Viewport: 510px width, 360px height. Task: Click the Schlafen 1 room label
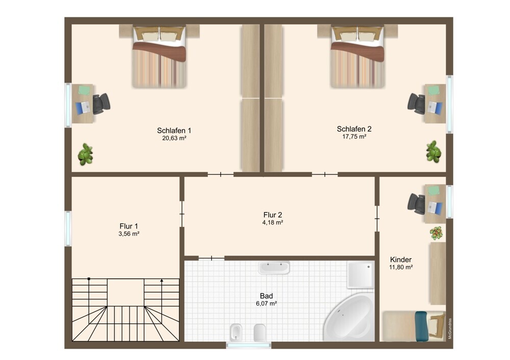pos(174,131)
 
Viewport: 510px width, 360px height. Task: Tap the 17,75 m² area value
pos(354,137)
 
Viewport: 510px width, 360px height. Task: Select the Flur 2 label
pos(272,215)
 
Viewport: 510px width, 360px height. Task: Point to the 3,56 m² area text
pos(129,234)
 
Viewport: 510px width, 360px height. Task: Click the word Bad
pos(266,296)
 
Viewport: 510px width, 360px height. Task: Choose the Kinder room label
pos(401,260)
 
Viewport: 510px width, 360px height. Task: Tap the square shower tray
pos(361,274)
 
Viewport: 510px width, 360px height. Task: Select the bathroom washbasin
pos(274,268)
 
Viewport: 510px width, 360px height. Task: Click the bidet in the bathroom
pos(235,332)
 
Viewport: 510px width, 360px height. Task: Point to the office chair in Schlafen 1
pos(101,104)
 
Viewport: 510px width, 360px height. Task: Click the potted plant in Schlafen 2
pos(433,151)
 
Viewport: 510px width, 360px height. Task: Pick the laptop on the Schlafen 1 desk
pos(83,108)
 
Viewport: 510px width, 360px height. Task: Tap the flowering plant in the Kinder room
pos(436,233)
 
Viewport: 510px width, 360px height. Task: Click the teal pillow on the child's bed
pos(421,326)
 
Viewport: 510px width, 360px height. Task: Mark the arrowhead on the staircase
pos(162,280)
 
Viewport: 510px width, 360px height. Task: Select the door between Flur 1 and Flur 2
pos(182,214)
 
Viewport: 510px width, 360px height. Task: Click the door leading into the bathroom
pos(212,258)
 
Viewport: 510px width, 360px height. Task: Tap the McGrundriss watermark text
pos(450,328)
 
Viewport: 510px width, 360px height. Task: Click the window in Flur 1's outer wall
pos(68,228)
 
